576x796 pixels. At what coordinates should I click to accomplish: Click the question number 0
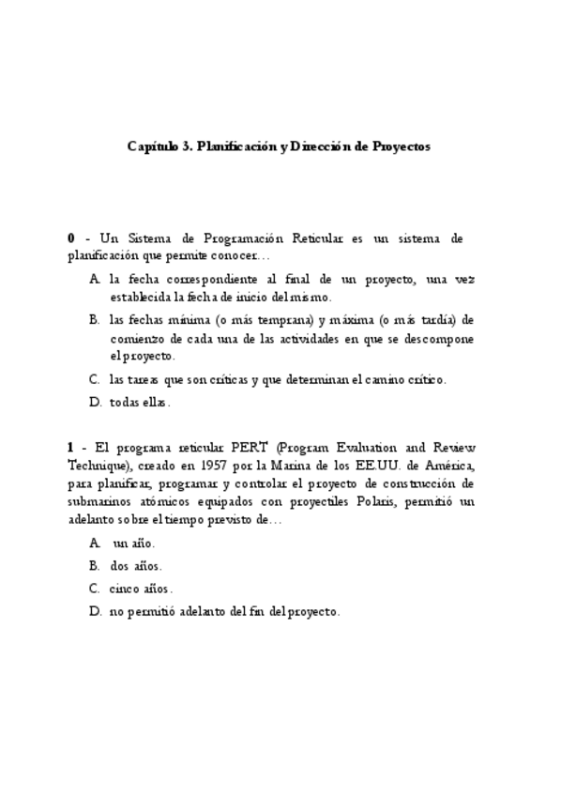point(71,239)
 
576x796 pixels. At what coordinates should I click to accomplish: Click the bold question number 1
point(71,449)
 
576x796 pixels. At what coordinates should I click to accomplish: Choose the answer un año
point(133,543)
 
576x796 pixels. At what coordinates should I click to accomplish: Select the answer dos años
point(136,566)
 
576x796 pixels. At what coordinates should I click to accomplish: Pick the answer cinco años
point(142,589)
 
